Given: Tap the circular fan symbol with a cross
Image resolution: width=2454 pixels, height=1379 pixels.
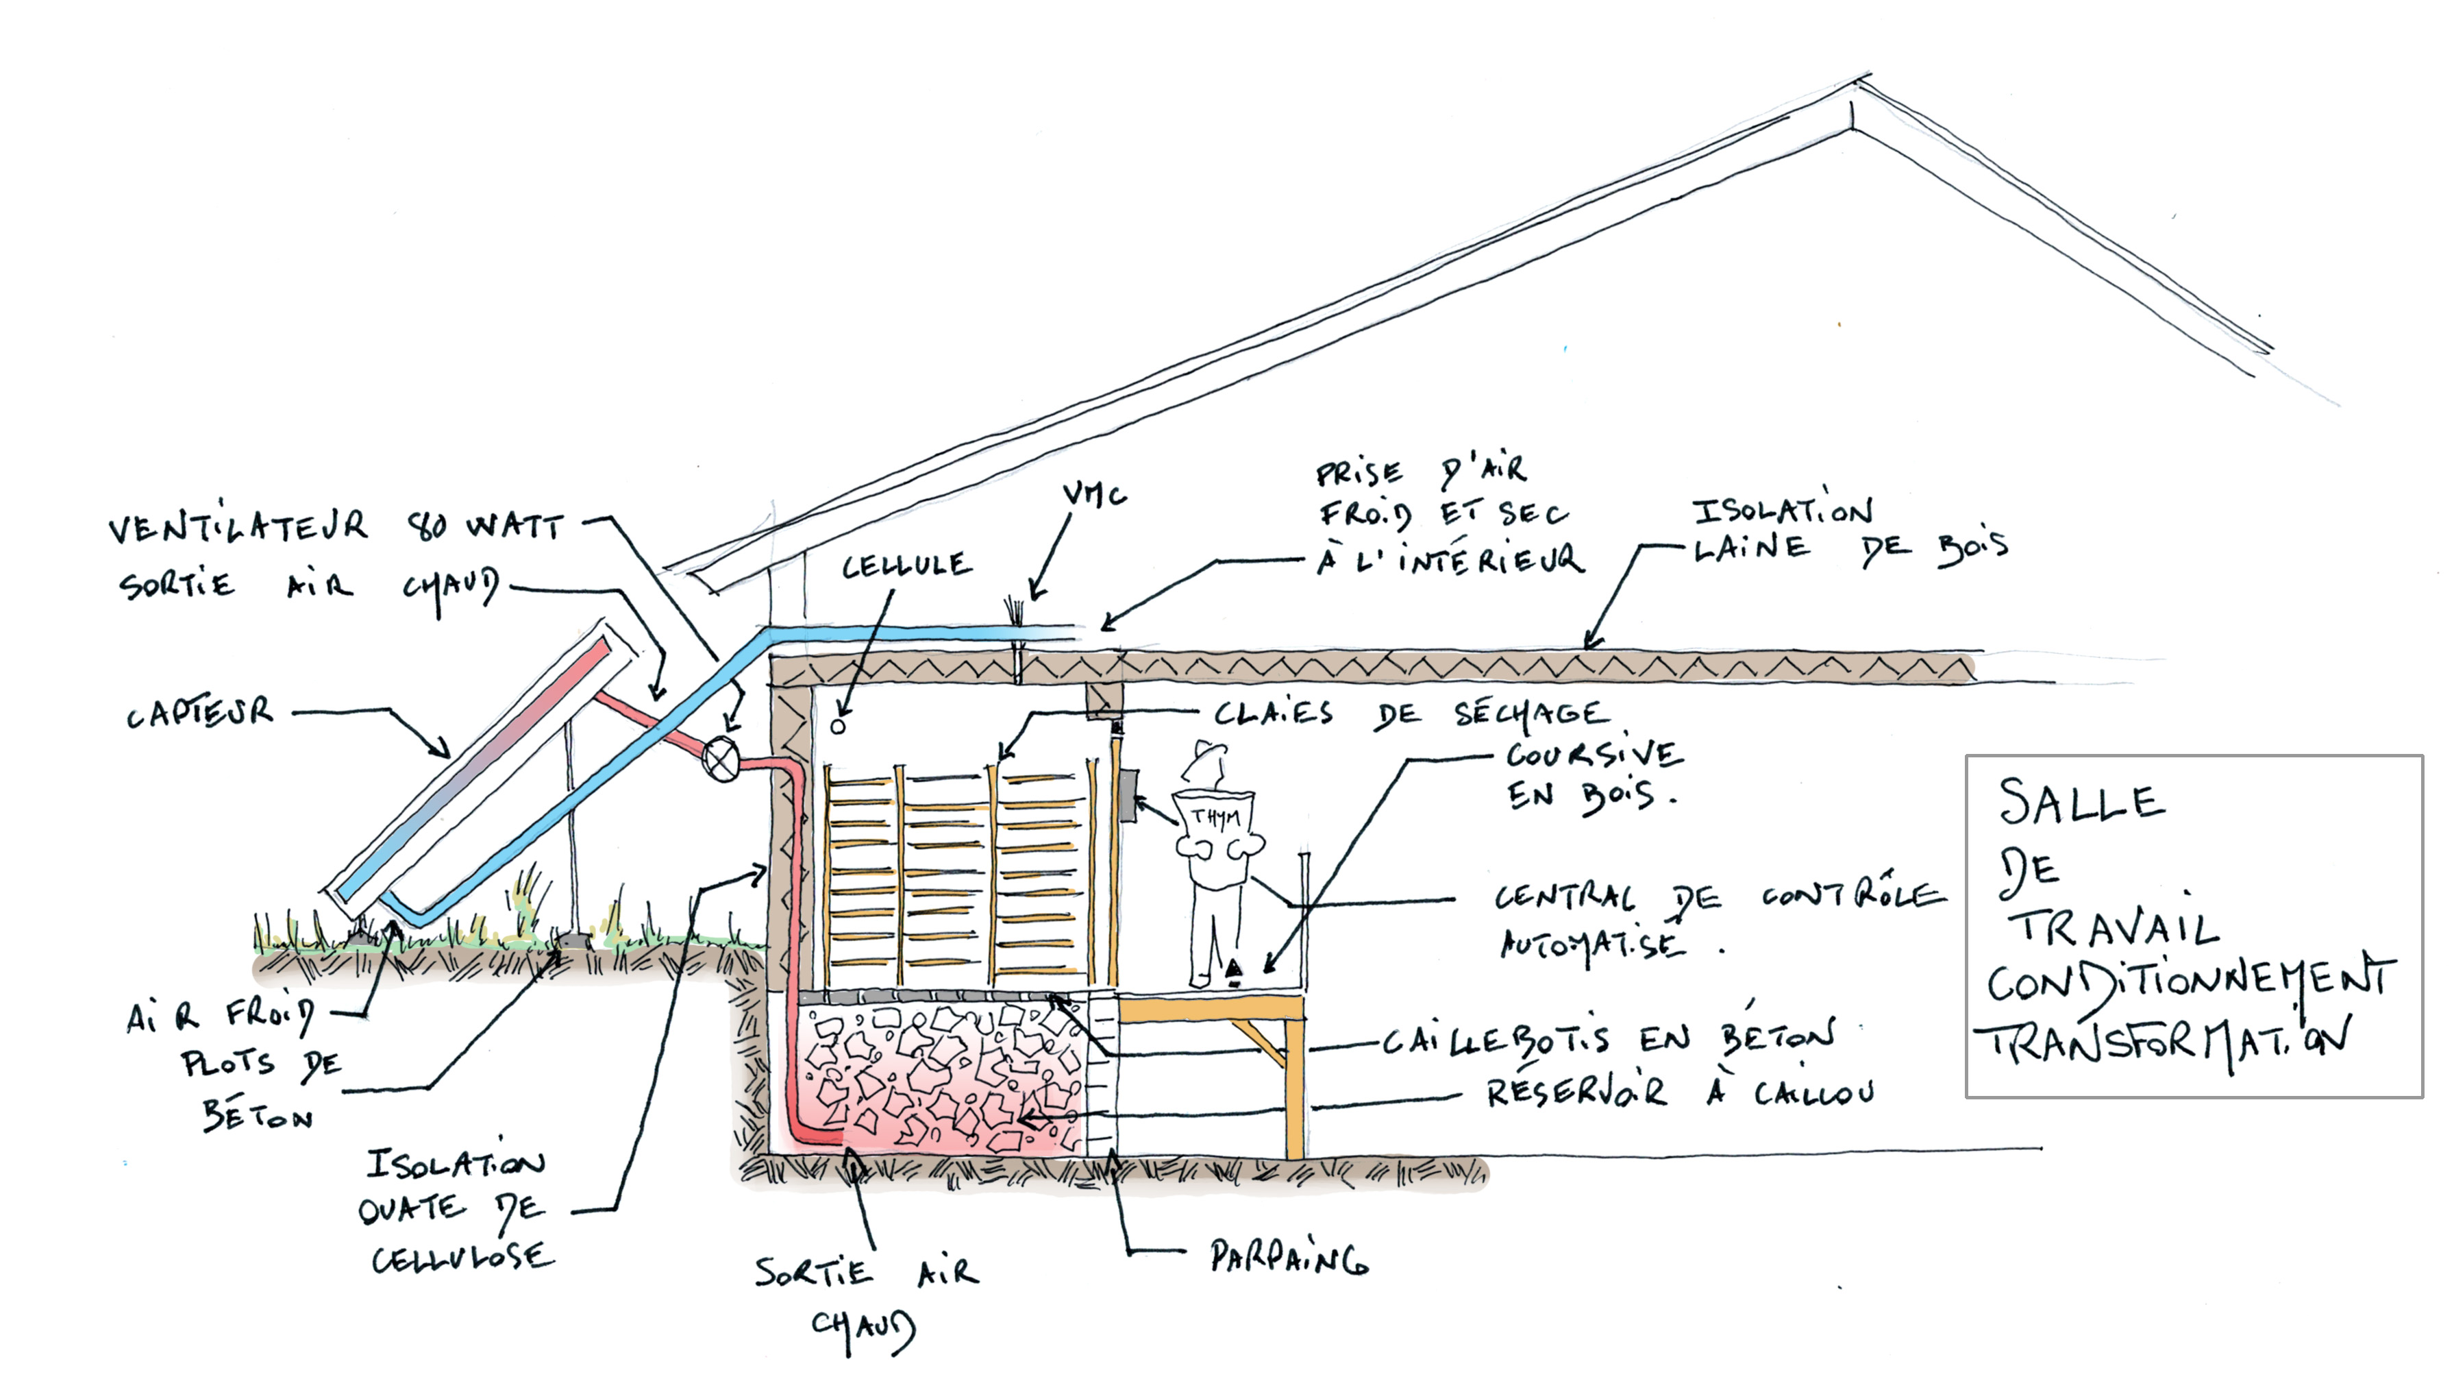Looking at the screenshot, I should point(721,759).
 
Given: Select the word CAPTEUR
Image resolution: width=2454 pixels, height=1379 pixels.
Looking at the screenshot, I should point(200,713).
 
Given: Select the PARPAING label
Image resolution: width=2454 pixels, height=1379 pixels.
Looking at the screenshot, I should point(1288,1258).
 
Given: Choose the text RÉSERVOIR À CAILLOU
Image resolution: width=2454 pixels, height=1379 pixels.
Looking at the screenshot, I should point(1681,1092).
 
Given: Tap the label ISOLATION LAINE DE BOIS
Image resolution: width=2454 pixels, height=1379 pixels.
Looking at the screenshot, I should point(1848,530).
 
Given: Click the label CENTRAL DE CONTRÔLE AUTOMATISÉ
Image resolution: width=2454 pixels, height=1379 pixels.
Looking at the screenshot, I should point(1715,920).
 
